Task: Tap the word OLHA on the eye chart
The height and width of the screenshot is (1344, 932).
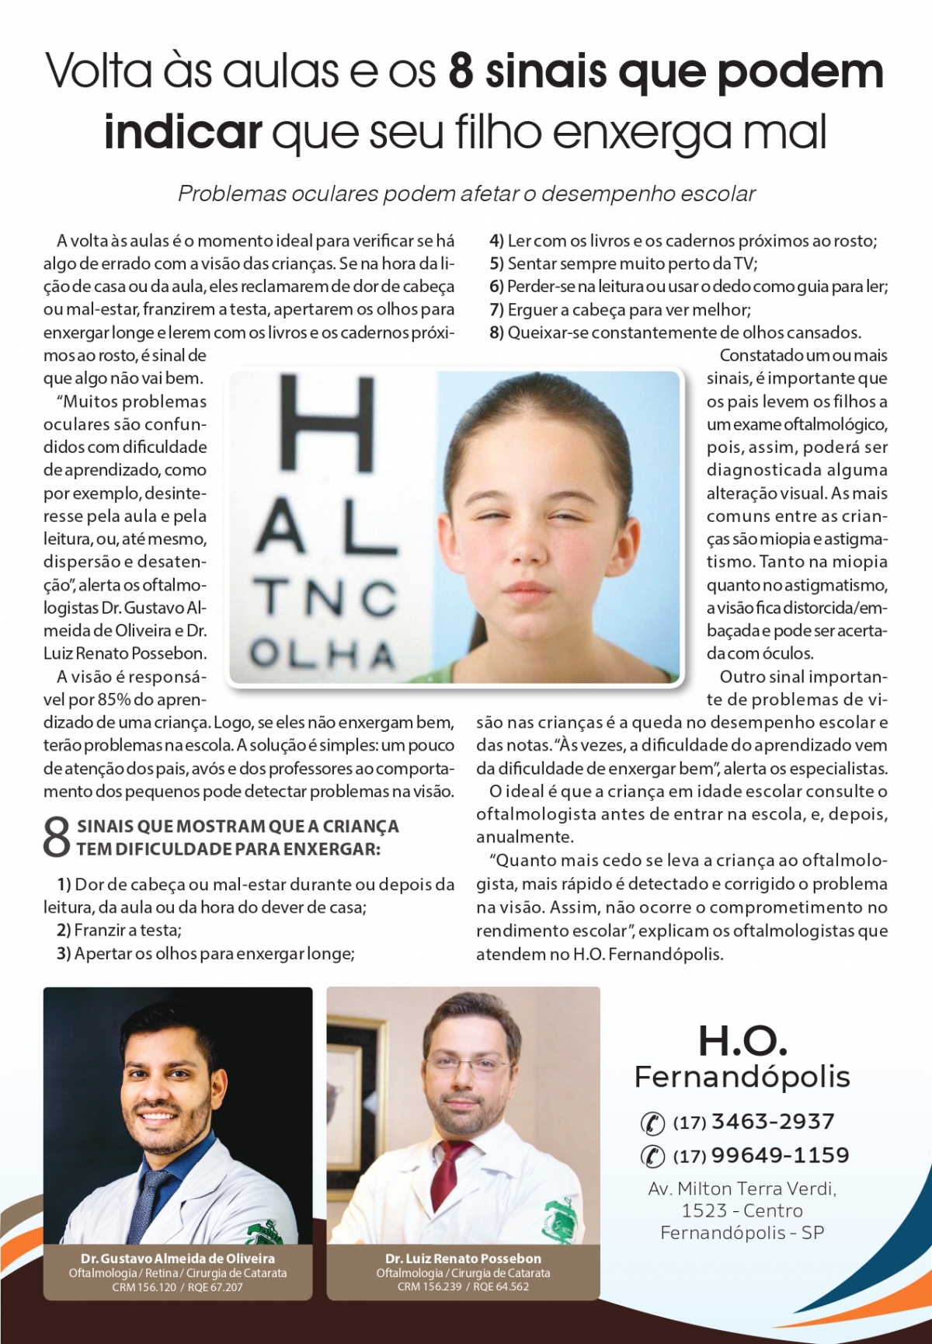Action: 323,653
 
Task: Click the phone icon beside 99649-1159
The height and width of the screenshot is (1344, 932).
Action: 652,1156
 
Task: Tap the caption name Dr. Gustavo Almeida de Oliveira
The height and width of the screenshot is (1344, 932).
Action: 178,1258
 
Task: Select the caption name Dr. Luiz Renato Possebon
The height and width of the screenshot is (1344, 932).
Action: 463,1258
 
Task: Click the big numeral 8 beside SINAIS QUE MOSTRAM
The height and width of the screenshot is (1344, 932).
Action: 56,837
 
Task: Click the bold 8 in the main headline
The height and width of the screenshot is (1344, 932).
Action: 461,71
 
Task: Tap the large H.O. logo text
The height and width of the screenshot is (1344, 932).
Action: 742,1040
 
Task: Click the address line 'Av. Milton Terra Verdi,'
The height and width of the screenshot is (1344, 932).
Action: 742,1189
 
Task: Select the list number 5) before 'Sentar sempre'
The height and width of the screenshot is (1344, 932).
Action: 496,264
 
